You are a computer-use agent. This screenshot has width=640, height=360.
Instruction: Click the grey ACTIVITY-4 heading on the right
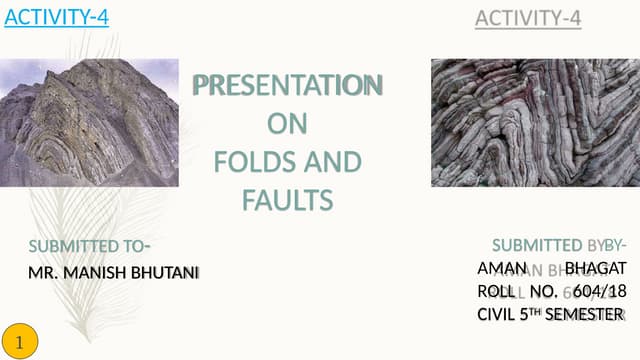click(528, 18)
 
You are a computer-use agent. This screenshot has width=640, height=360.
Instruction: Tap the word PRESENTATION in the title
click(287, 87)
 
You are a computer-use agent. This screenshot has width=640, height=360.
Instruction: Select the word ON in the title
click(287, 125)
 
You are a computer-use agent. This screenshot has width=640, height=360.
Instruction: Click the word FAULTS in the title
click(287, 200)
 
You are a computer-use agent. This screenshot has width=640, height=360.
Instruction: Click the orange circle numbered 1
click(21, 340)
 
